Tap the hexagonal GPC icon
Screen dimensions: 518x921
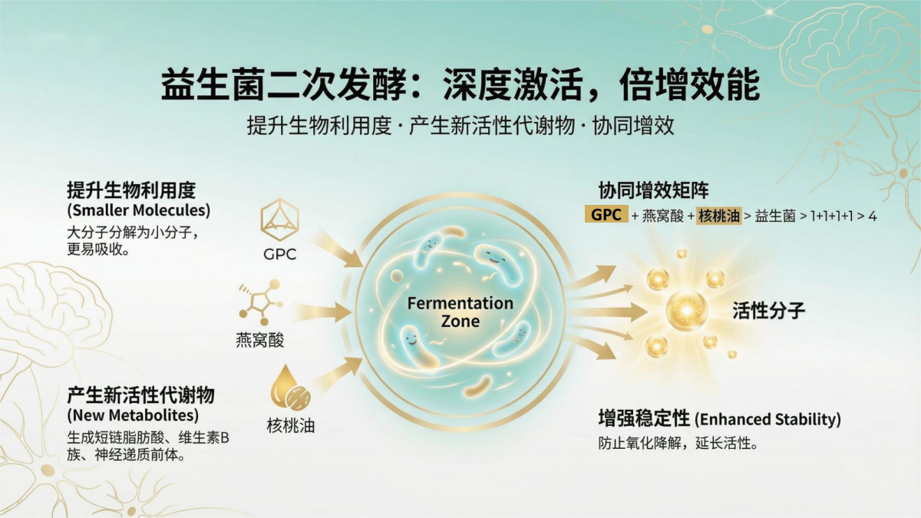pos(279,221)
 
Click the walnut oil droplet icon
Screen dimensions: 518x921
pos(290,388)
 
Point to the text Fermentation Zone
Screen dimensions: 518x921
pos(460,311)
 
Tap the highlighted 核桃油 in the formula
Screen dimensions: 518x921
pos(719,216)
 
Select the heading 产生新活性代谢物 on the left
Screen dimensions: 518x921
pos(140,396)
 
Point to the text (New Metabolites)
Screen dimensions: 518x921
pos(133,416)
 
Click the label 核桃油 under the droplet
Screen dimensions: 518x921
pos(290,426)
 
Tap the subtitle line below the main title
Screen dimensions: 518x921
pos(460,126)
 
